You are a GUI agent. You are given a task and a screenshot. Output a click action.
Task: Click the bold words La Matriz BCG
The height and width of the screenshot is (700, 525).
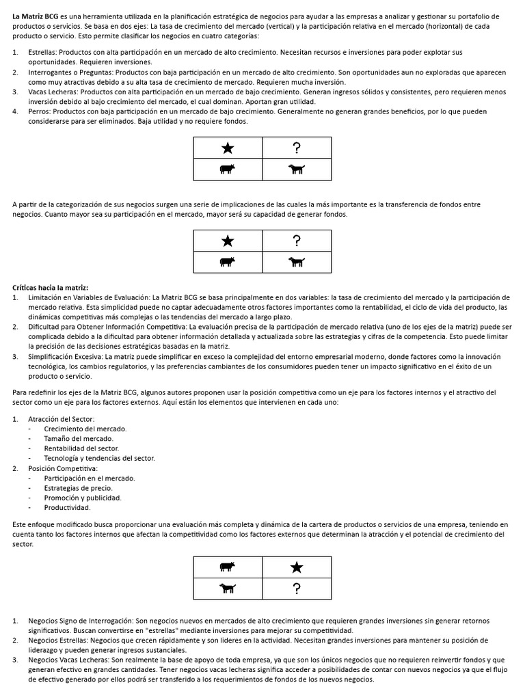click(35, 16)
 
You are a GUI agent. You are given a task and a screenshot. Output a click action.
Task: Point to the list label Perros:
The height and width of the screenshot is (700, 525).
click(41, 111)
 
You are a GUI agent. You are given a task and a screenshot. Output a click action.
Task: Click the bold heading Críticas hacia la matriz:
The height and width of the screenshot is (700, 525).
click(51, 288)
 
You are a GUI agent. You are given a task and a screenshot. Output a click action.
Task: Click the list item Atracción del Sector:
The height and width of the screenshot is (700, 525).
click(62, 418)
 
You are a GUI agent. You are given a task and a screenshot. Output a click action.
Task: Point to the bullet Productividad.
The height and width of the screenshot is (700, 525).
click(67, 508)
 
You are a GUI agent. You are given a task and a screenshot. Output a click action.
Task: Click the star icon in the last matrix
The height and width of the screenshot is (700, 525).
click(297, 567)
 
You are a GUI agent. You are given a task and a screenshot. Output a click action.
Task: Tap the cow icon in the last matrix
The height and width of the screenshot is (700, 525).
click(228, 567)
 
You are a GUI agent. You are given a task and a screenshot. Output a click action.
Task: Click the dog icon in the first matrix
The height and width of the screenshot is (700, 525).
click(297, 170)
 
